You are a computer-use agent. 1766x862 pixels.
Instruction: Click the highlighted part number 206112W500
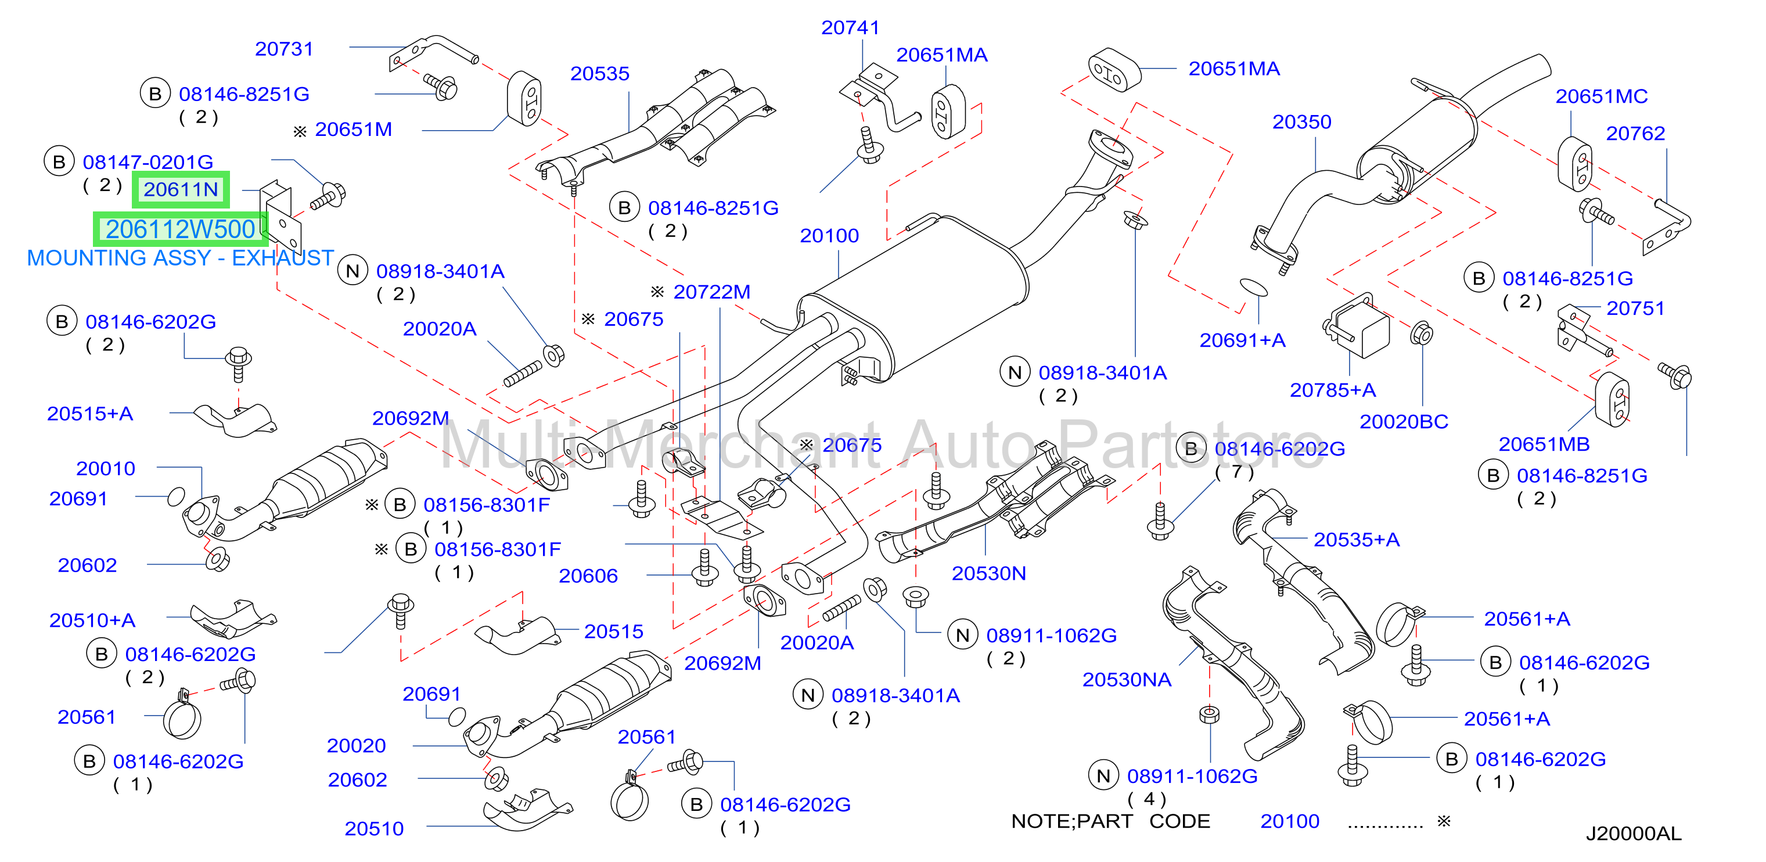pos(180,229)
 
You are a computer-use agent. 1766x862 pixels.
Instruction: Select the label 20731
pos(284,49)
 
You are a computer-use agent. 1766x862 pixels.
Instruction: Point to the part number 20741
pos(850,27)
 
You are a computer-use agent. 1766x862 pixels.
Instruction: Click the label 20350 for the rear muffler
pos(1302,121)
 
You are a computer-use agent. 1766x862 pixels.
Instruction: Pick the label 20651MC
pos(1602,96)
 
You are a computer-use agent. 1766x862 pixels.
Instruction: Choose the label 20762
pos(1636,133)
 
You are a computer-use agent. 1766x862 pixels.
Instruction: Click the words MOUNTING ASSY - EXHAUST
pos(180,258)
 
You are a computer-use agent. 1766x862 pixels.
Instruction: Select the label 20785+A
pos(1333,390)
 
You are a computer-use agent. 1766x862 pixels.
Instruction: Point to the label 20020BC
pos(1404,421)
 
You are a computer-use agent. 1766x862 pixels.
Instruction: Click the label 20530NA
pos(1127,680)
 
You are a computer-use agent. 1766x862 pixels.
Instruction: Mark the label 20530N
pos(988,573)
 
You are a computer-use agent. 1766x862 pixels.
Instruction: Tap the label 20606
pos(588,576)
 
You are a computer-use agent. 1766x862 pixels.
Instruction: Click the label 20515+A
pos(90,414)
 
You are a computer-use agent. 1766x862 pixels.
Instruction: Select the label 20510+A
pos(92,620)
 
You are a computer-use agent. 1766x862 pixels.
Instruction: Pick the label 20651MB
pos(1544,444)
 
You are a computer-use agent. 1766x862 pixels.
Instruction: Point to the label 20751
pos(1636,308)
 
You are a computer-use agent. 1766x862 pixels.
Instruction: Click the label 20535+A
pos(1356,539)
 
